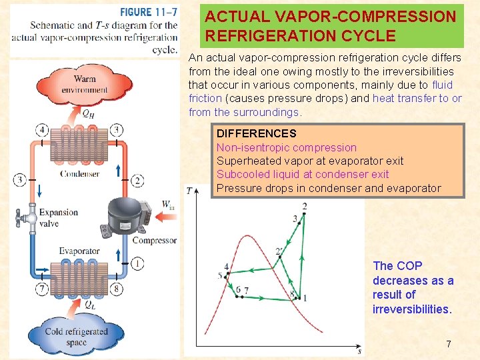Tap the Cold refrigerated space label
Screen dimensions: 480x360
[x=76, y=337]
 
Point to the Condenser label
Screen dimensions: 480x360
[x=79, y=174]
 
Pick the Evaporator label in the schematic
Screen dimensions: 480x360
[x=79, y=251]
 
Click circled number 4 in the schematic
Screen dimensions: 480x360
[x=43, y=129]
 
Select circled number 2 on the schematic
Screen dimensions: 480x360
[x=137, y=180]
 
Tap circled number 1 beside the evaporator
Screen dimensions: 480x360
[x=137, y=263]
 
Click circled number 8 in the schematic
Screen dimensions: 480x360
[x=117, y=289]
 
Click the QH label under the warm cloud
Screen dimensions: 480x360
[x=87, y=113]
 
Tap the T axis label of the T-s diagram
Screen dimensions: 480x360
[x=189, y=191]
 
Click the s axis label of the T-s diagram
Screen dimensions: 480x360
[x=359, y=351]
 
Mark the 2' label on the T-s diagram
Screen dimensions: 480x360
[x=279, y=251]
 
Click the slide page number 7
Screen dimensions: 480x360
[x=449, y=344]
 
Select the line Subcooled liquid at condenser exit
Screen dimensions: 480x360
[x=303, y=174]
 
